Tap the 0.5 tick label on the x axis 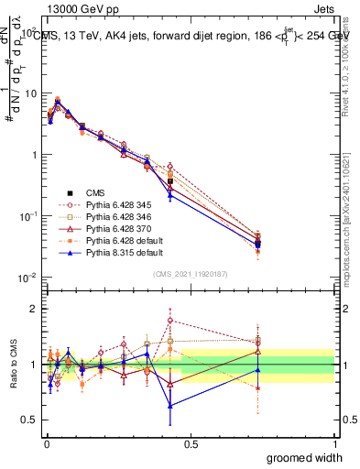[x=191, y=442]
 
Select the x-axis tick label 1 [x=335, y=442]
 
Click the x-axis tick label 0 [x=46, y=442]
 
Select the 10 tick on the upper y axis [x=30, y=93]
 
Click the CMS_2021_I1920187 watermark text [x=191, y=273]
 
